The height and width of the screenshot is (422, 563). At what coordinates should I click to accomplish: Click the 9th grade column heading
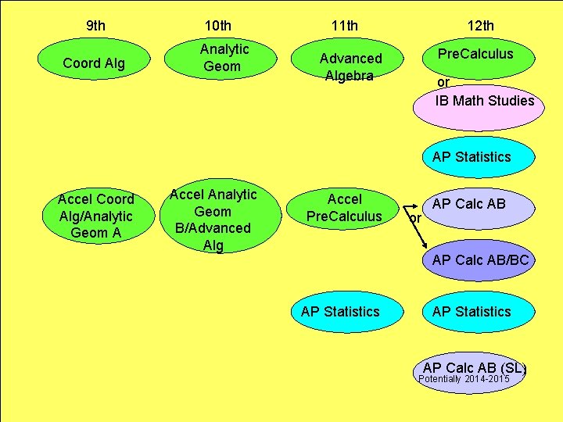[x=95, y=26]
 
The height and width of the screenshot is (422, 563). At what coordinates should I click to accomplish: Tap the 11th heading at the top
[x=344, y=26]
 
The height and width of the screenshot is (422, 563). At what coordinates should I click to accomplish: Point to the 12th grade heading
[x=480, y=26]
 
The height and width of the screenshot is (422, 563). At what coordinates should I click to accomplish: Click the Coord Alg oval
[x=94, y=63]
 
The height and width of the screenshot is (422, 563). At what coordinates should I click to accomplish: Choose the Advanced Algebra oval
[x=350, y=66]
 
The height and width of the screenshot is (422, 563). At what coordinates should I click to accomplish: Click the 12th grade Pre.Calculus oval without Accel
[x=475, y=54]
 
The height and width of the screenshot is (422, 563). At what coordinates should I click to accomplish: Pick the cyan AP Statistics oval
[x=472, y=157]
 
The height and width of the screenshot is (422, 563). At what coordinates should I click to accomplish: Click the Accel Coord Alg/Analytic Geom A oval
[x=95, y=216]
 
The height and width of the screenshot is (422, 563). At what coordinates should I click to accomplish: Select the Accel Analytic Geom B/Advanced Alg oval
[x=213, y=220]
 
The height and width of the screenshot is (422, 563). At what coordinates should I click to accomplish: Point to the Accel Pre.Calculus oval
[x=344, y=208]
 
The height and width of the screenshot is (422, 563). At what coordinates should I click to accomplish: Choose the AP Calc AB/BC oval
[x=479, y=260]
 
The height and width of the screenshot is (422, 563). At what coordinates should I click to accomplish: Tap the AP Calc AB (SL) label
[x=474, y=368]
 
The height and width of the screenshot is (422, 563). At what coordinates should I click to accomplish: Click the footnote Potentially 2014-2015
[x=464, y=380]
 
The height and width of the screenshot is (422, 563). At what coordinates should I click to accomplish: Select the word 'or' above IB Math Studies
[x=443, y=81]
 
